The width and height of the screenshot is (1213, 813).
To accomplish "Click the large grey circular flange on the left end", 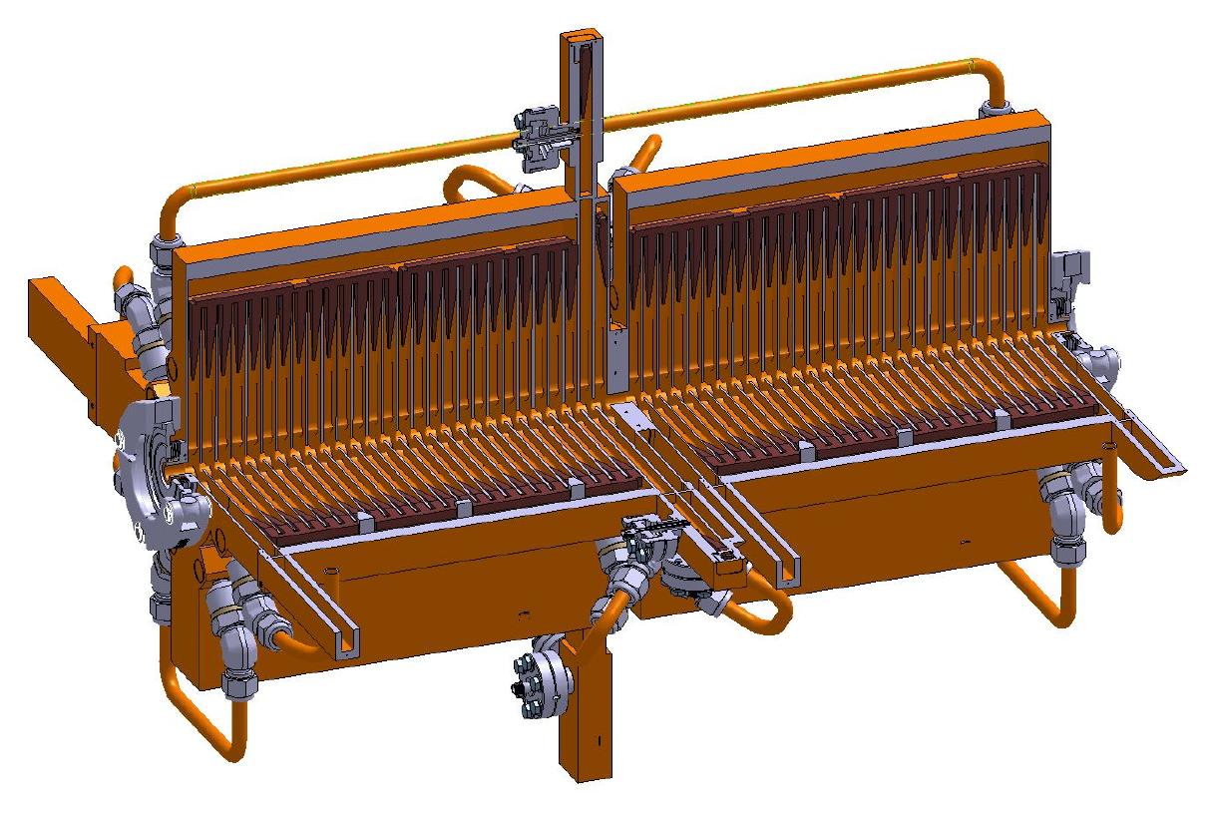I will tap(150, 469).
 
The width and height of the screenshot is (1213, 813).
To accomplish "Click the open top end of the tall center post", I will tap(580, 39).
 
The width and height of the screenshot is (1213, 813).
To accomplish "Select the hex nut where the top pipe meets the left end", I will tap(166, 249).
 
